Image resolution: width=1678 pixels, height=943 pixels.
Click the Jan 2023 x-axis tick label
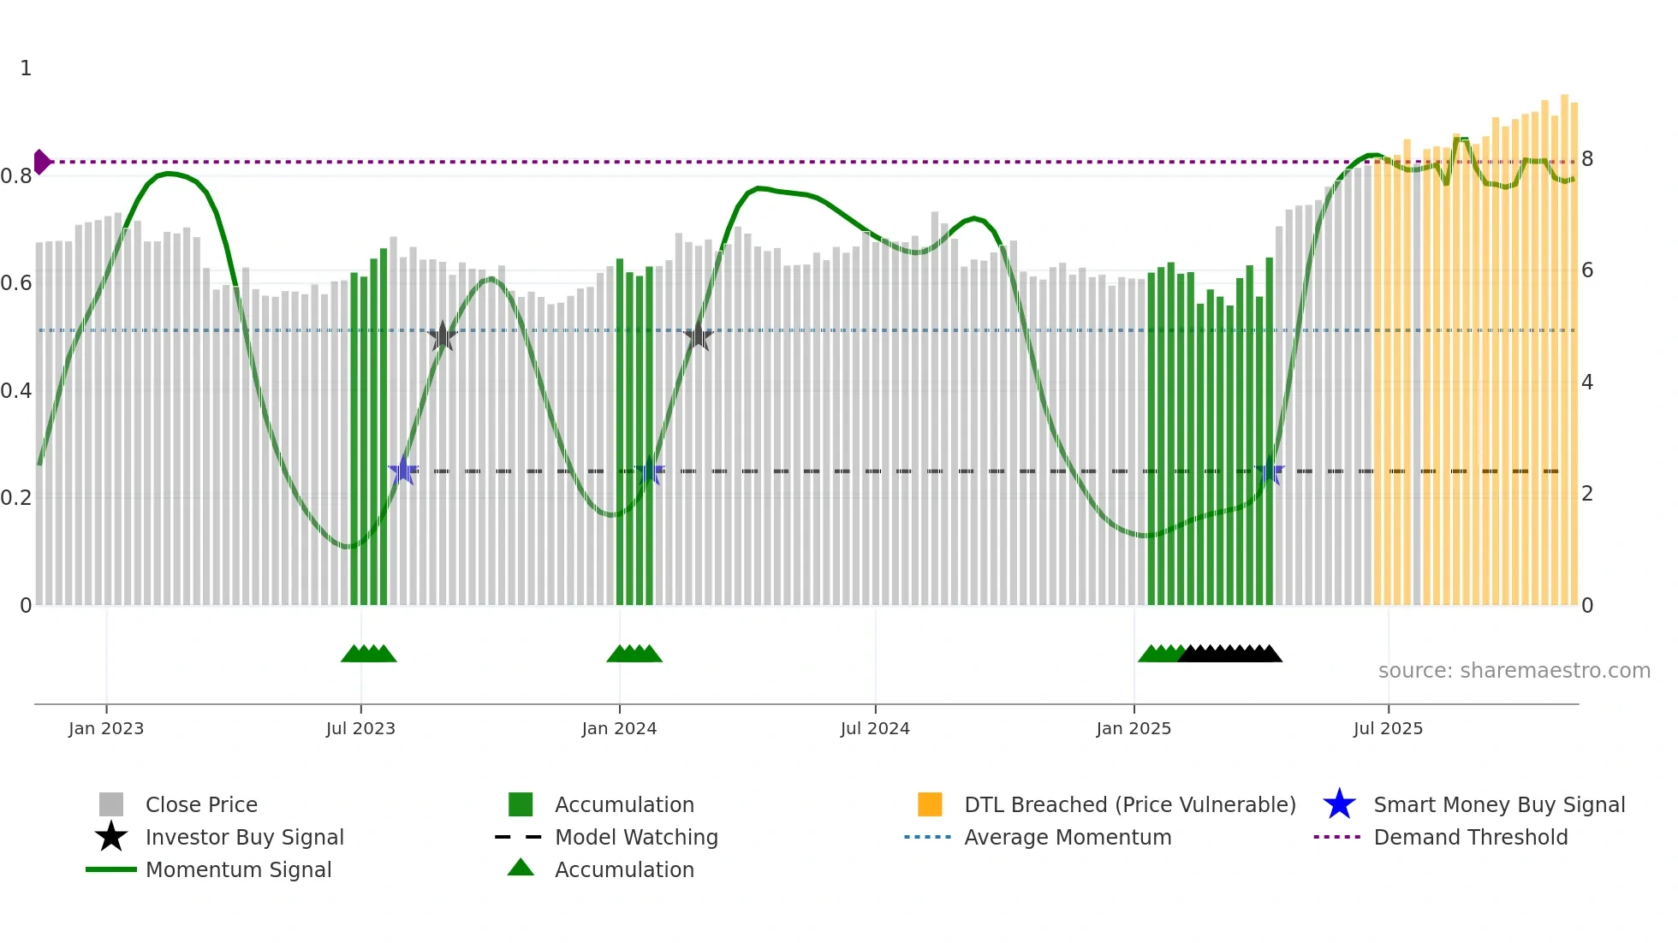click(106, 728)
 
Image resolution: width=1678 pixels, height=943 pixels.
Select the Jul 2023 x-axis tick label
click(360, 728)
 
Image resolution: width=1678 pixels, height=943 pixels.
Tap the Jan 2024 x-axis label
click(619, 728)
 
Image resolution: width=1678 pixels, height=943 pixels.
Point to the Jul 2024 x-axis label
click(875, 728)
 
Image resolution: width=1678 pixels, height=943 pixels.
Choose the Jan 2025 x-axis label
click(1134, 728)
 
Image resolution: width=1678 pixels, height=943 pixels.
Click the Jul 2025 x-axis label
click(1388, 728)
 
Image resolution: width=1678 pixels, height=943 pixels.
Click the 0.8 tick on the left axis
click(17, 176)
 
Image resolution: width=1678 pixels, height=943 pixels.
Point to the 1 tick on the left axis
click(26, 68)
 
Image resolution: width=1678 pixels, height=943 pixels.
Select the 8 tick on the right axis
click(1587, 159)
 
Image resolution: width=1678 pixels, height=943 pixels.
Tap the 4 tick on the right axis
click(1587, 383)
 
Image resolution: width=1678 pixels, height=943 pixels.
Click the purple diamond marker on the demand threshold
click(42, 162)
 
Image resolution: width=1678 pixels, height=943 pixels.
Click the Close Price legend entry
click(201, 804)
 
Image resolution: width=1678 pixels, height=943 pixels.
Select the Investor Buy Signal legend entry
click(244, 837)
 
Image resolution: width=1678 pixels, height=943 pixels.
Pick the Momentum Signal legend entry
click(238, 869)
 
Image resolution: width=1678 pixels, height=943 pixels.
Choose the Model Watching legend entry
click(636, 837)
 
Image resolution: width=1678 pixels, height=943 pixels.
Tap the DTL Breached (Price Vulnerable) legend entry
click(1129, 804)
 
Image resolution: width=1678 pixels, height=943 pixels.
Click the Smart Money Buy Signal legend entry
click(1499, 804)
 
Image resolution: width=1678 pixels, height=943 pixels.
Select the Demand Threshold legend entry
click(1470, 837)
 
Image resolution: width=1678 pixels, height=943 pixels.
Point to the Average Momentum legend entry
click(1068, 837)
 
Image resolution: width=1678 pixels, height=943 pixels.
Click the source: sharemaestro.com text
click(1514, 671)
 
